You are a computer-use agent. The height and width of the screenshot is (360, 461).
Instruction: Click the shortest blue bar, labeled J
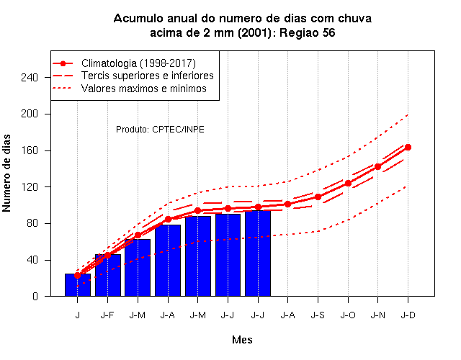point(78,285)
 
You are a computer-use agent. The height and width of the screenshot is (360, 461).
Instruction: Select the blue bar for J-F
point(108,275)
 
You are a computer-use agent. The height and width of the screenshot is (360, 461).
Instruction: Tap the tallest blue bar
point(258,253)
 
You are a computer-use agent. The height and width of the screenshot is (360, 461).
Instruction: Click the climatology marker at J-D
point(408,147)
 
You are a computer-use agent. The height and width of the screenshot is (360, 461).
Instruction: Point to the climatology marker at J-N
point(377,166)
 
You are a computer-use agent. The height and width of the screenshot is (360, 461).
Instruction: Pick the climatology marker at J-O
point(348,183)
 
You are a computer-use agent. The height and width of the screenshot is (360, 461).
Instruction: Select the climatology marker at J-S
point(318,197)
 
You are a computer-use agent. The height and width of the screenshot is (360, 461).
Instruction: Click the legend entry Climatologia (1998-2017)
point(138,63)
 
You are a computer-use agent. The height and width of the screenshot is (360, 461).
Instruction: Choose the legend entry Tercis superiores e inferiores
point(148,76)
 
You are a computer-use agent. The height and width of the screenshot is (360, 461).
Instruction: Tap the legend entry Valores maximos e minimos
point(144,89)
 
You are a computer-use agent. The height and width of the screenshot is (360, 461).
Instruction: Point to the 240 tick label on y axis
point(30,77)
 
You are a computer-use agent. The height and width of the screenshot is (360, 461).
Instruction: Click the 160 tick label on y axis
point(30,150)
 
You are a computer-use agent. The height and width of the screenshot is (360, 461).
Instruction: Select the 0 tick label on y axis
point(35,296)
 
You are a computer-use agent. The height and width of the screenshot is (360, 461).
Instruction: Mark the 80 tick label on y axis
point(32,223)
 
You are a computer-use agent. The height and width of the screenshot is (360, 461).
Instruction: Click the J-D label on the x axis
point(408,315)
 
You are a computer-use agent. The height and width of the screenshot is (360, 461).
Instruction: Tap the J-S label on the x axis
point(318,315)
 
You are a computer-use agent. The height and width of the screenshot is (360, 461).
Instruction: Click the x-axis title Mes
point(242,340)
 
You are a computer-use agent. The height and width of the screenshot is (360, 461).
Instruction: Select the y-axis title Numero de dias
point(6,173)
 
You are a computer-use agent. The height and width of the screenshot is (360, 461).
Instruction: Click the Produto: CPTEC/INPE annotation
point(160,130)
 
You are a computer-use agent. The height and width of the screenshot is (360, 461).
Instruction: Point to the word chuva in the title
point(354,19)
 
